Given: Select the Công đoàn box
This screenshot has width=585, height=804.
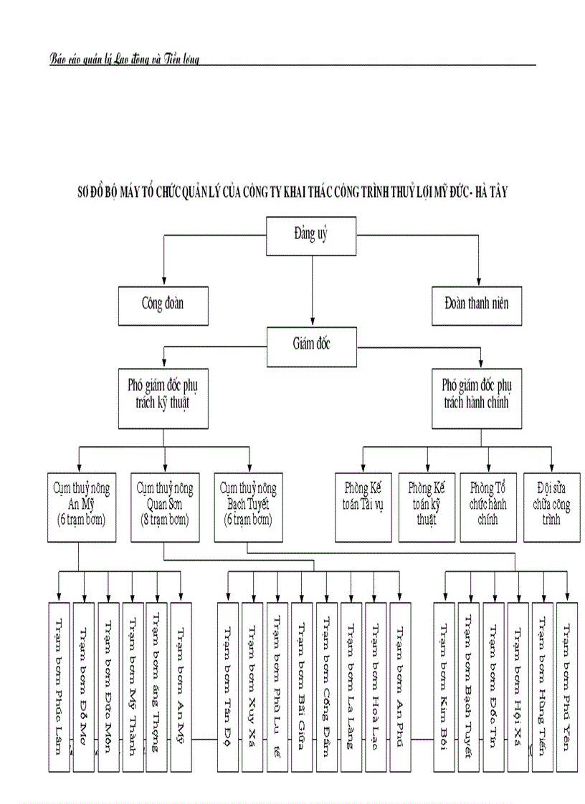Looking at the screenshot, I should coord(163,304).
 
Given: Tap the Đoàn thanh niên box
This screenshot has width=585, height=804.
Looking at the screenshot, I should coord(481,304).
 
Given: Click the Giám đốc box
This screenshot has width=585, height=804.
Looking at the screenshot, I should coord(312,343).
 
